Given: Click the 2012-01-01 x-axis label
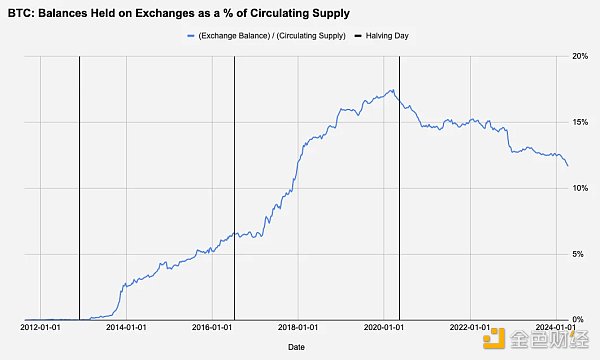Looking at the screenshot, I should (41, 327).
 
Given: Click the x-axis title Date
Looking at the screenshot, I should (297, 347).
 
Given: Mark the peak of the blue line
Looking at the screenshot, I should (392, 90).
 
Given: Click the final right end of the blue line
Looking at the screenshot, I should (568, 166).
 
